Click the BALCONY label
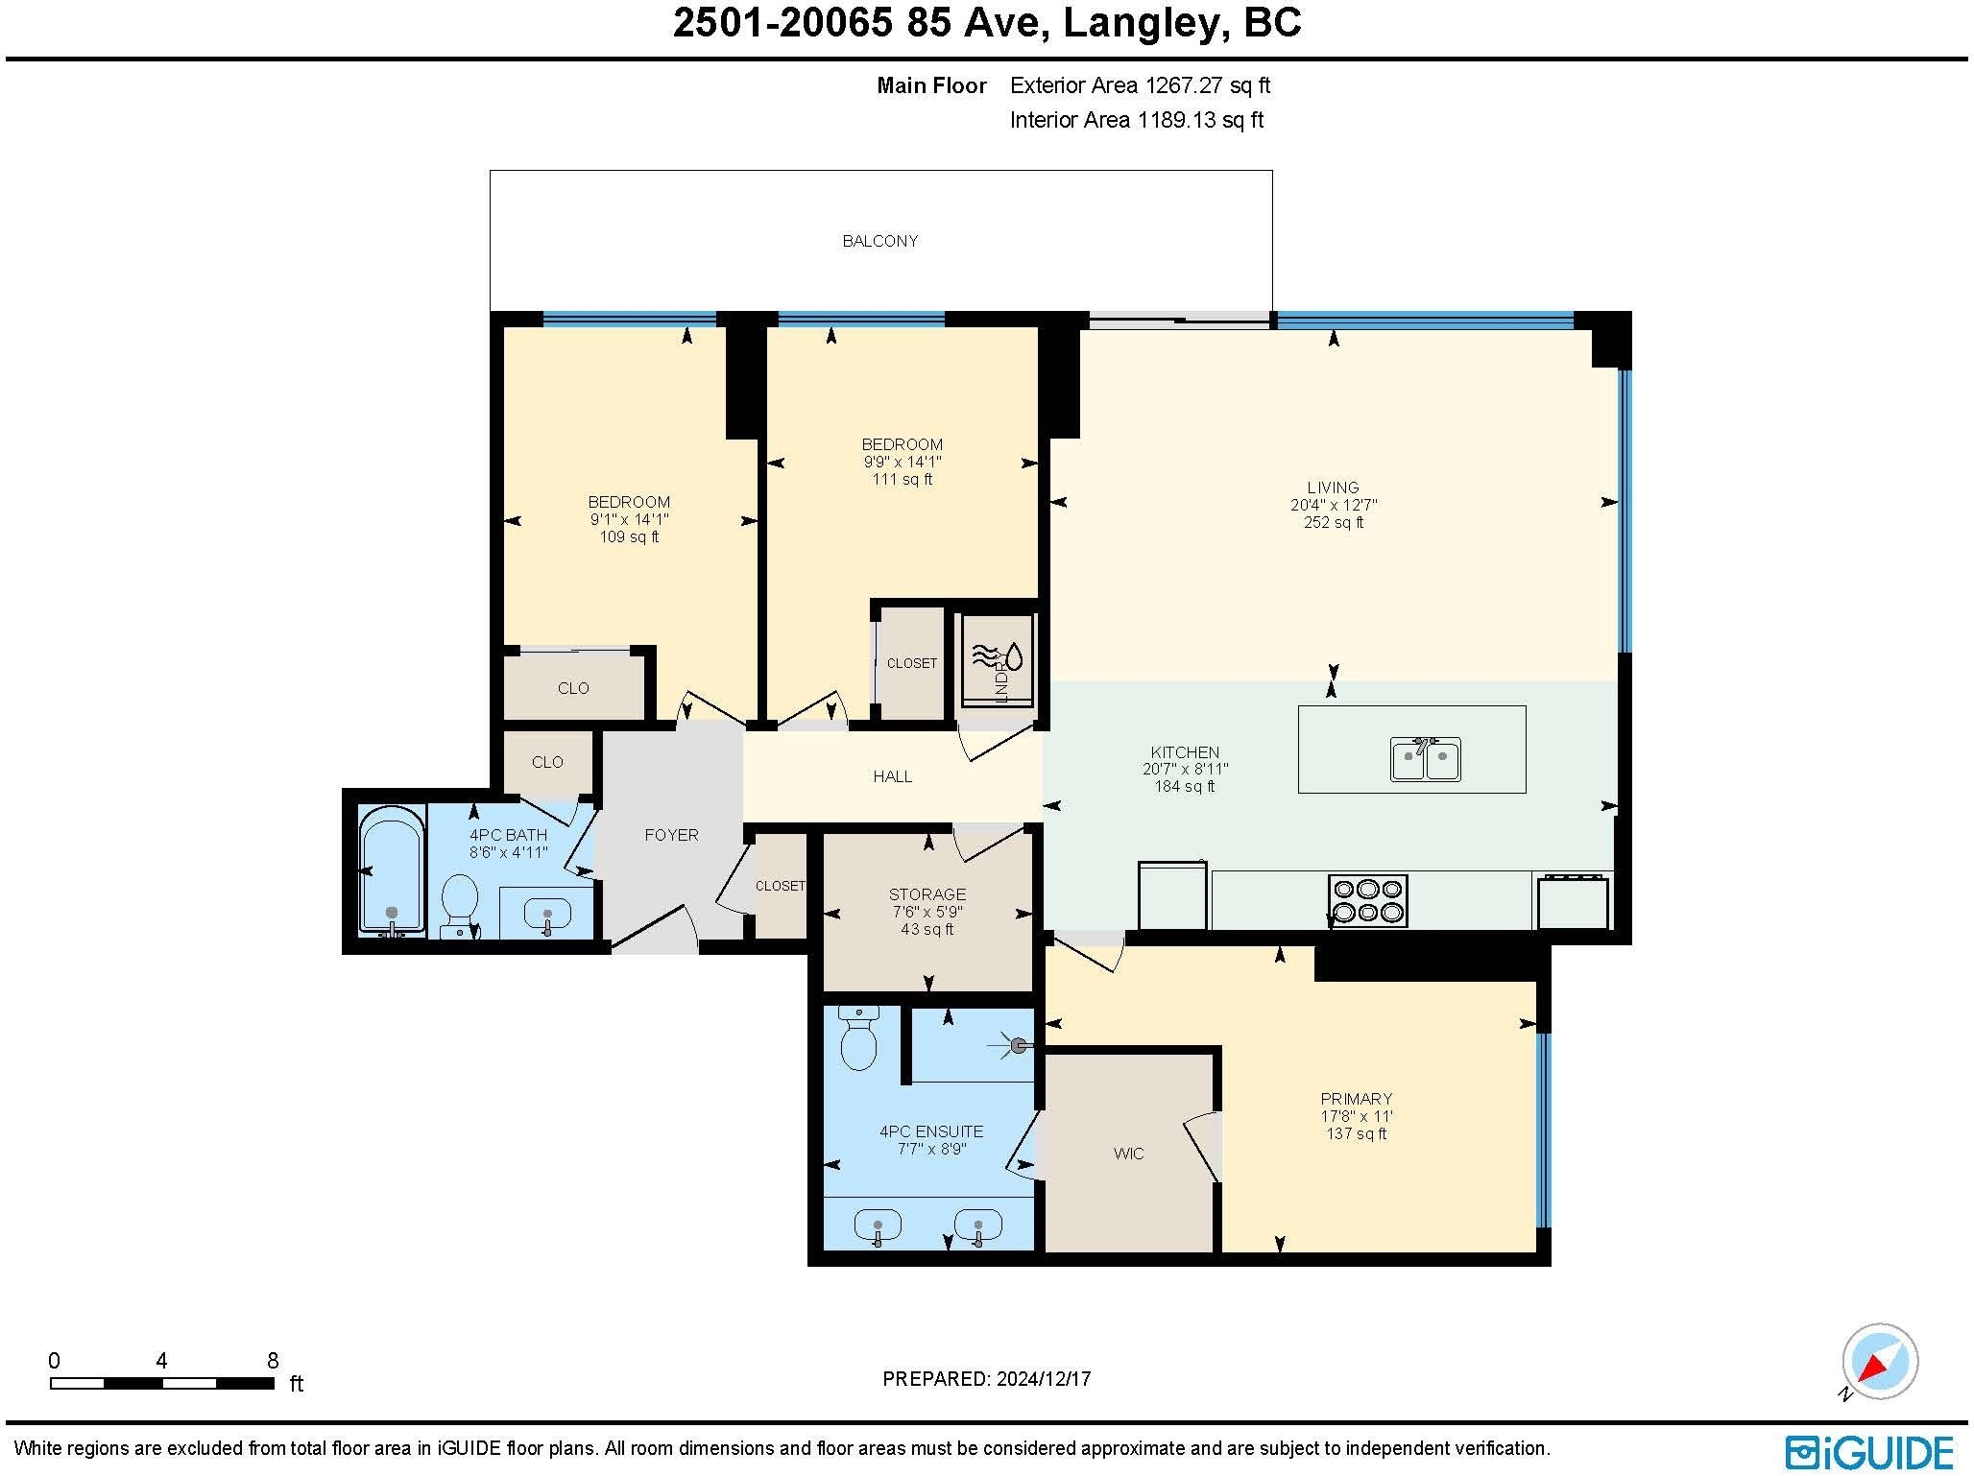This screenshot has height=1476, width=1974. click(x=879, y=241)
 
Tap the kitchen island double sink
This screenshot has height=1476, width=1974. click(x=1426, y=759)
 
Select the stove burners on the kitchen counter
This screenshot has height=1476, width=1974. click(x=1367, y=900)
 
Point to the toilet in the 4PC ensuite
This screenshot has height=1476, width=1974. click(x=857, y=1038)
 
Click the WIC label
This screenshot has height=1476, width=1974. click(x=1128, y=1154)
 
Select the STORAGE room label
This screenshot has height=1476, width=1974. click(x=927, y=894)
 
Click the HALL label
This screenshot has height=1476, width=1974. click(x=892, y=776)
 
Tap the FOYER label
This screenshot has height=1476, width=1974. click(x=671, y=835)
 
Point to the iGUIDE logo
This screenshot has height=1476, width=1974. click(x=1869, y=1452)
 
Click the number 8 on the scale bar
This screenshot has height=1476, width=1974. click(x=273, y=1361)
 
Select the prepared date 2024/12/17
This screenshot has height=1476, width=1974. click(x=1043, y=1379)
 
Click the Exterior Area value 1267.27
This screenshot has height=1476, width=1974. click(x=1183, y=85)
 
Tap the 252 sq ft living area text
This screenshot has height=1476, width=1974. click(x=1333, y=522)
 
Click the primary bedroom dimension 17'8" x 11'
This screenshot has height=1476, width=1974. click(x=1356, y=1116)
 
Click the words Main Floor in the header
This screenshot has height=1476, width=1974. click(x=931, y=85)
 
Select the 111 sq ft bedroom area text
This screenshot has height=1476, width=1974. click(x=902, y=479)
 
